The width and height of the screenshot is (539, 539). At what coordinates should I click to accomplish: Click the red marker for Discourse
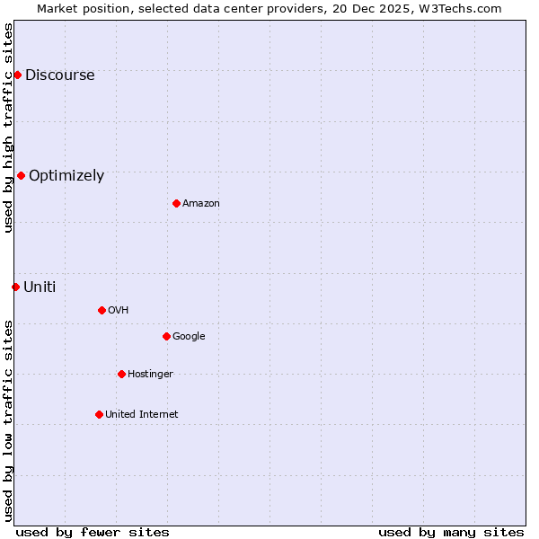tap(17, 75)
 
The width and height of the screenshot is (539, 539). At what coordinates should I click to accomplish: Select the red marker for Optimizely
tap(21, 175)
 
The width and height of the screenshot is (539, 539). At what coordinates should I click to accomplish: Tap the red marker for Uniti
tap(15, 287)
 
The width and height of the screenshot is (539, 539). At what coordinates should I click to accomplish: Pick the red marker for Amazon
tap(176, 203)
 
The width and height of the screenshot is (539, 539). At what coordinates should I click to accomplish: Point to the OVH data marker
tap(102, 310)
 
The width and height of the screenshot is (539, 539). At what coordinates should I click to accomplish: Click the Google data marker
tap(166, 336)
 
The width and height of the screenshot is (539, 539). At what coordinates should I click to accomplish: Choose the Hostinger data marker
tap(121, 374)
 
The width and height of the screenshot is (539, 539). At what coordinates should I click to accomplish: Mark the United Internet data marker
tap(99, 414)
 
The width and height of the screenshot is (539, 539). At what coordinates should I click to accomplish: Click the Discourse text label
tap(59, 75)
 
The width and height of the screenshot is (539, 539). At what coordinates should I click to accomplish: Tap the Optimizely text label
tap(66, 176)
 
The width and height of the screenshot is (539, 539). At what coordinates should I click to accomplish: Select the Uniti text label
tap(40, 287)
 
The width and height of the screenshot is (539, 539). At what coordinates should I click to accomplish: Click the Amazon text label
tap(201, 204)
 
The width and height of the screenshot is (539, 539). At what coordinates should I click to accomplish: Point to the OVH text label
tap(119, 311)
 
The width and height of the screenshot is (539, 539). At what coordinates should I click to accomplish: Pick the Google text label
tap(189, 337)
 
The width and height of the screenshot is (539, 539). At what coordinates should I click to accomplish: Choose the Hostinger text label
tap(150, 375)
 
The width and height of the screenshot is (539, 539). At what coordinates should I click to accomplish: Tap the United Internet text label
tap(142, 415)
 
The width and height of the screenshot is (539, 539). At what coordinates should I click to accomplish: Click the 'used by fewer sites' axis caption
tap(93, 532)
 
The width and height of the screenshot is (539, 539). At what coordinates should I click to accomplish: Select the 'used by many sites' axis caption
tap(451, 532)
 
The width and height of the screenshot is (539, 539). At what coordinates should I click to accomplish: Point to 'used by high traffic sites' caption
tap(9, 128)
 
